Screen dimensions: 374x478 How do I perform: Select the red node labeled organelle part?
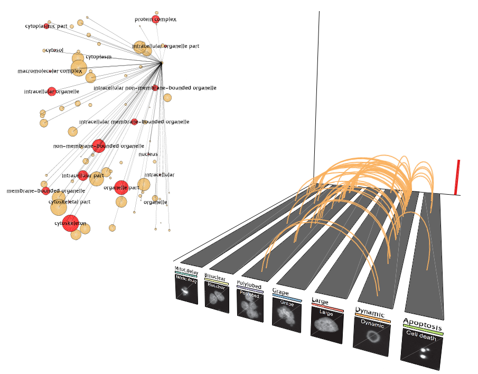pos(121,187)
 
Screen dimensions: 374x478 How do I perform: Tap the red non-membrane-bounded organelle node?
pos(99,146)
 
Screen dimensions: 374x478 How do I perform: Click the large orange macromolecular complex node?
pos(78,68)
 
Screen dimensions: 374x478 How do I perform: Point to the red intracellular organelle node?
pos(51,92)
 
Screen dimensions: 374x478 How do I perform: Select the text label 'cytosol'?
pos(54,51)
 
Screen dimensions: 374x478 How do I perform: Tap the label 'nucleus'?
pos(148,154)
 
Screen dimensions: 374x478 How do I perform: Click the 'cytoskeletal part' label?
pos(69,202)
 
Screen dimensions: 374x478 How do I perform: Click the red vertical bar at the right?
pos(457,177)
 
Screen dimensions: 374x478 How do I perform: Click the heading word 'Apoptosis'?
pos(423,322)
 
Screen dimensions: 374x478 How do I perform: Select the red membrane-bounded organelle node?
pos(46,191)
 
